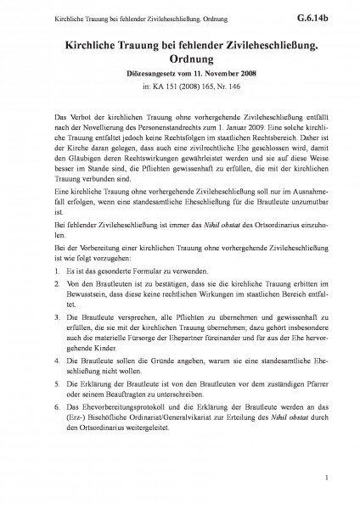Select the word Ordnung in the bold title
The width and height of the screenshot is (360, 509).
click(x=179, y=61)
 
